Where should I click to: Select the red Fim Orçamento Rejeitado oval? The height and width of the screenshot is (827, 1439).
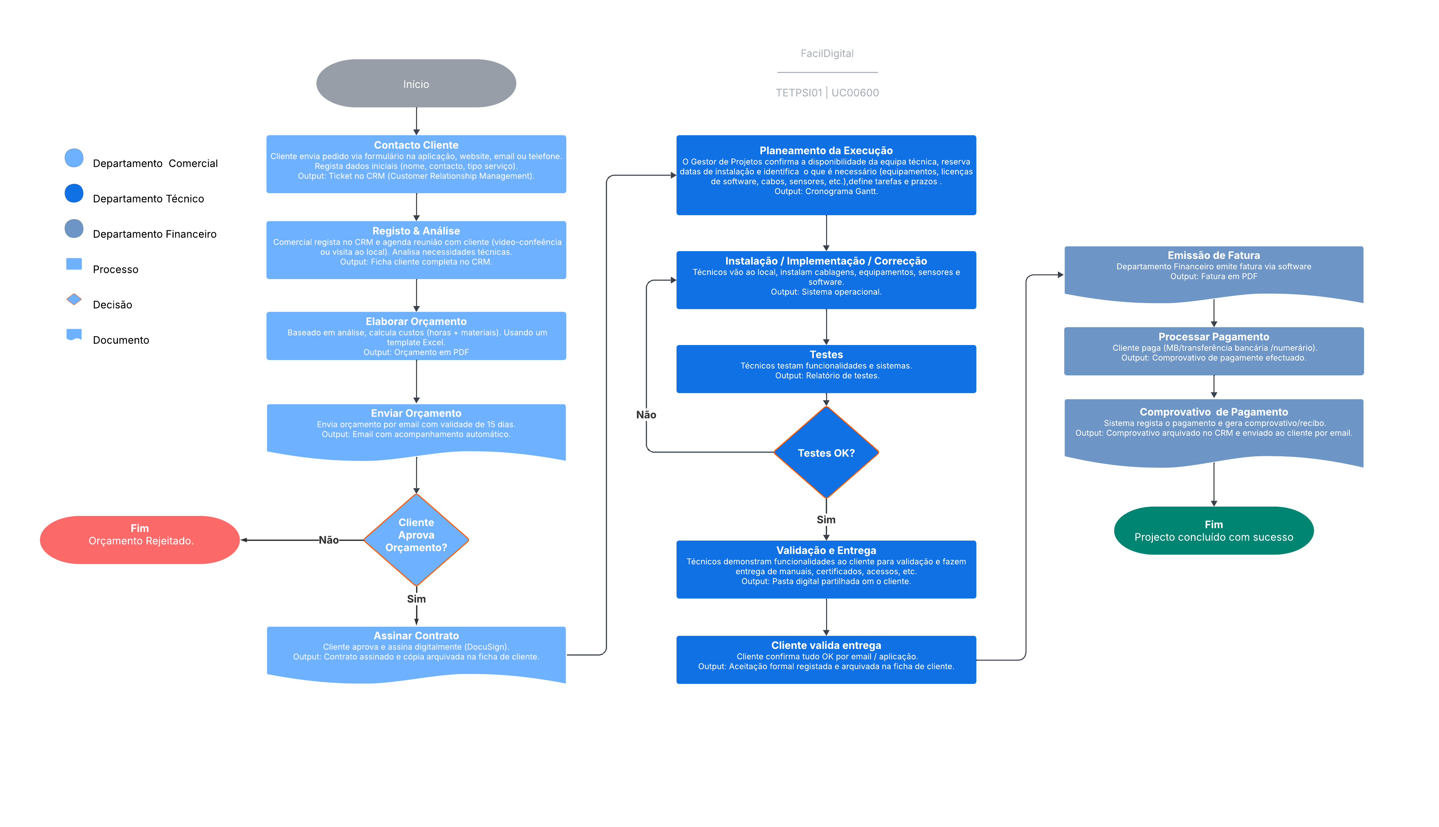[x=140, y=540]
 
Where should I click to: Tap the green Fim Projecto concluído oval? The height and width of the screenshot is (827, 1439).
[x=1213, y=531]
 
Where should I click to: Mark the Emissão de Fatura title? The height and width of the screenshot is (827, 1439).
[x=1213, y=255]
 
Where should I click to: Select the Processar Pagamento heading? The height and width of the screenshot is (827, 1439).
[x=1213, y=337]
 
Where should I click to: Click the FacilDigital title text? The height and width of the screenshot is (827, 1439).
[x=827, y=53]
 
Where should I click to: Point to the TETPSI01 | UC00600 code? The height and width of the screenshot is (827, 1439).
[x=827, y=93]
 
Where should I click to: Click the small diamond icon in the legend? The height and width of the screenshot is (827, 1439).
[x=74, y=299]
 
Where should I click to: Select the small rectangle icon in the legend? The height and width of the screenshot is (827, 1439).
[x=74, y=263]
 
